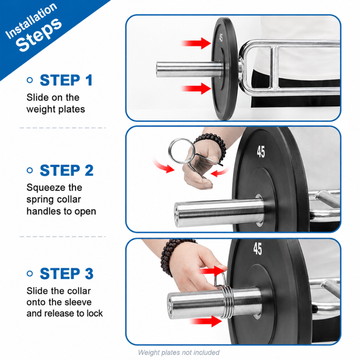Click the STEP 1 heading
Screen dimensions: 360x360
coord(66,80)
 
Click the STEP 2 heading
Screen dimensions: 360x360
coord(66,170)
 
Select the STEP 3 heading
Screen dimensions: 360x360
coord(66,274)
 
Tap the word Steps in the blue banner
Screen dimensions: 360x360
coord(39,35)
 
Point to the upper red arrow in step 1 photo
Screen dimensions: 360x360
coord(196,43)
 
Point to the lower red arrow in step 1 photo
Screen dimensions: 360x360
coord(196,88)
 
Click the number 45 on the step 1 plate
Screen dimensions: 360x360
coord(221,38)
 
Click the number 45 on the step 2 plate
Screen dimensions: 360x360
coord(261,152)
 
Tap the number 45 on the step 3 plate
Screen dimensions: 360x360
coord(258,248)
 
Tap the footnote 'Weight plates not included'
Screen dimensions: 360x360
coord(178,352)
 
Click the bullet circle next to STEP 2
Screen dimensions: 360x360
coord(30,170)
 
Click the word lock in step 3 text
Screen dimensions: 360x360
coord(94,313)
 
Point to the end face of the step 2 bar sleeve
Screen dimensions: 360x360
coord(176,215)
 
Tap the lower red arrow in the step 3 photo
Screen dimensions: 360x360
coord(206,321)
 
